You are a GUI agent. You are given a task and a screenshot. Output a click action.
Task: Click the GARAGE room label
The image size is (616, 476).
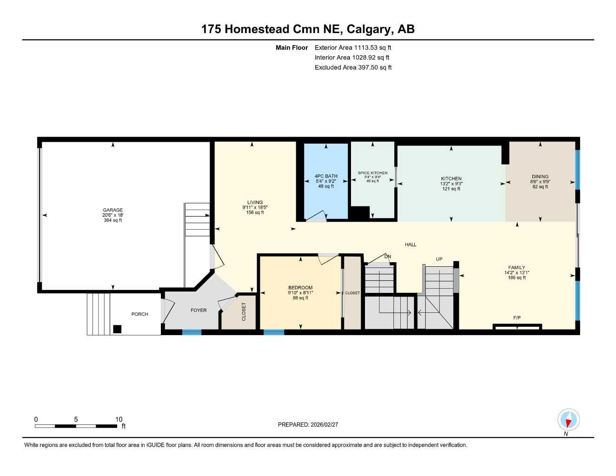pos(113,210)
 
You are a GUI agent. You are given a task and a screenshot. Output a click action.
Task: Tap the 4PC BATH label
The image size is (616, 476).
pos(326,176)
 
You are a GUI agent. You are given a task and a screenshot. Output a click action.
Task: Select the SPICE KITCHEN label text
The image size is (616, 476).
pos(372,173)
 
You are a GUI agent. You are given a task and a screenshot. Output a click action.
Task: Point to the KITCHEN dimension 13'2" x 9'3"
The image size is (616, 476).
pos(451,184)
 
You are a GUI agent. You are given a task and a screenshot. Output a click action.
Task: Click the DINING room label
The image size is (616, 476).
pos(540,177)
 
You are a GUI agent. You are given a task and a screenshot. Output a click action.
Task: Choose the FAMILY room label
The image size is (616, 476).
pos(517,268)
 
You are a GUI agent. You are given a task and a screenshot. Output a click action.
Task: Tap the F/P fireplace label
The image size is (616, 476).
pos(517,318)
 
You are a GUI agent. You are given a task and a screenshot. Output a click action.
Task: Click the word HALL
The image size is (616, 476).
pos(411,245)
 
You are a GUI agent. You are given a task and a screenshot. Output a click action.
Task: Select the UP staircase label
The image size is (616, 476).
pos(439,259)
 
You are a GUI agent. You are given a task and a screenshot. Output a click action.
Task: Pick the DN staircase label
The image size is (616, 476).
pos(388,257)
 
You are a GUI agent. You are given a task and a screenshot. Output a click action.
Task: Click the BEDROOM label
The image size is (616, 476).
pos(300,288)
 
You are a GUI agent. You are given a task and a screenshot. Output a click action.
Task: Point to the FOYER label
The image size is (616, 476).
pos(199,310)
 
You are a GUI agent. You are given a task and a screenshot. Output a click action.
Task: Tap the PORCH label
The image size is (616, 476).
pos(139,314)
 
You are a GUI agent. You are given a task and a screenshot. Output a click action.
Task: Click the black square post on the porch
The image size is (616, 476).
pos(117,329)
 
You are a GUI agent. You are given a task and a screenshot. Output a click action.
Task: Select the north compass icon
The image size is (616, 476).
pos(568,420)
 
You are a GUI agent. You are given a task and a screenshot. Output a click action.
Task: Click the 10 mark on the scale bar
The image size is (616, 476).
pos(119,419)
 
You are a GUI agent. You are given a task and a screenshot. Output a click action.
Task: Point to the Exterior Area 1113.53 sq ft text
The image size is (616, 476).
pos(353,47)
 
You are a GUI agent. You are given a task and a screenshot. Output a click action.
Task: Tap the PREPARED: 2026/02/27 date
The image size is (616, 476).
pos(308,424)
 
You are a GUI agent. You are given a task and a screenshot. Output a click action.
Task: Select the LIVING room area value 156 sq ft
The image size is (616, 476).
pos(255,212)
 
